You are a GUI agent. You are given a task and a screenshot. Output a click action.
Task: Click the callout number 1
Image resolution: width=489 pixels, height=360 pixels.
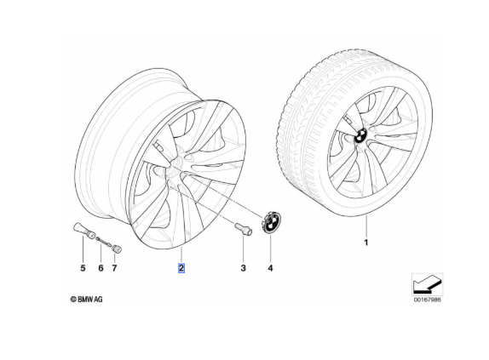pos(366,243)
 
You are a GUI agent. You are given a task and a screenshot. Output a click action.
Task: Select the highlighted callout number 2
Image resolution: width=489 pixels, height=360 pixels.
pos(181,268)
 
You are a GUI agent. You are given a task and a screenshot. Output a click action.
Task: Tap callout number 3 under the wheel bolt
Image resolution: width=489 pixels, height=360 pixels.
pos(244,268)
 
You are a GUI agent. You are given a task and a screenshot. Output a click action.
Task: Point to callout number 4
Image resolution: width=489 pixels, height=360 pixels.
pos(270,268)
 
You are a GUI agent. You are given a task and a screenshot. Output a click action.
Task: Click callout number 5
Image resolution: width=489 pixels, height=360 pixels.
pos(83,268)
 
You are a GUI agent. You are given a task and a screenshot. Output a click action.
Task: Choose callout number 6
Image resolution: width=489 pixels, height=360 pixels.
pos(101,268)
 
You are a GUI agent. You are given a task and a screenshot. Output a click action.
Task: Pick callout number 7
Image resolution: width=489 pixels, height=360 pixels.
pos(114,268)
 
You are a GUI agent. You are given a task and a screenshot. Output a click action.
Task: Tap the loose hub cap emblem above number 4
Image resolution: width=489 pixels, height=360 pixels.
pos(271,222)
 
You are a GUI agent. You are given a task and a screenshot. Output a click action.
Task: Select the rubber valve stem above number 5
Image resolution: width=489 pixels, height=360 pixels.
pos(84,231)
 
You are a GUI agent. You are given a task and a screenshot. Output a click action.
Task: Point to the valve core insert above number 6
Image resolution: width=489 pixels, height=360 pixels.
pos(104,242)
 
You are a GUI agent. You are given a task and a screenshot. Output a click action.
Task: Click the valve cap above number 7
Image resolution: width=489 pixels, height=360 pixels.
pos(117,249)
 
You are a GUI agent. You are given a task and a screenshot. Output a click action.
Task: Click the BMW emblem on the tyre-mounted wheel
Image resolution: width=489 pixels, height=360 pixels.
pos(360,136)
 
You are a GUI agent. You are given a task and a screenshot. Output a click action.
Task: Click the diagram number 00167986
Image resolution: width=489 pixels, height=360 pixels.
pos(428,300)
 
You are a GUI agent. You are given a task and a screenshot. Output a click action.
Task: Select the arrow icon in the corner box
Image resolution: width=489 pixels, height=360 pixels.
pos(427,284)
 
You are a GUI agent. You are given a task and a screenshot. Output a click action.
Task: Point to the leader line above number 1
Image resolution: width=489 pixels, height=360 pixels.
pos(366,226)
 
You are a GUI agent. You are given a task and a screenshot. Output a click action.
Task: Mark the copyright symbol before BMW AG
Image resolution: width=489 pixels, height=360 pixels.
pos(73,300)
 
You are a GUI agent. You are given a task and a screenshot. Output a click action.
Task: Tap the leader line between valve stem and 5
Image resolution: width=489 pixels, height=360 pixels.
pos(83,249)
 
